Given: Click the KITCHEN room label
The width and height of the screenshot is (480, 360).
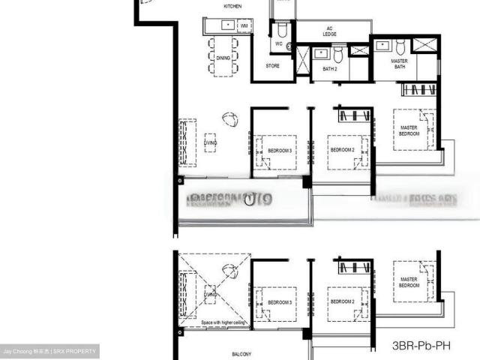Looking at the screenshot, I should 232,7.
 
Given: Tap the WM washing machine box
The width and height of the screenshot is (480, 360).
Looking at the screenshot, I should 244,25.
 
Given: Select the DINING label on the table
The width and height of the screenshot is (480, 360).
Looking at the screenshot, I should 223,58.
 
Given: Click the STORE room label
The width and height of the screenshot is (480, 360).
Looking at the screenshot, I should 273,66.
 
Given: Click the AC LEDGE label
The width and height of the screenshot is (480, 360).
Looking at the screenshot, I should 330,31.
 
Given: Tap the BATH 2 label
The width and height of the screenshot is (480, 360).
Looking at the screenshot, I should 330,68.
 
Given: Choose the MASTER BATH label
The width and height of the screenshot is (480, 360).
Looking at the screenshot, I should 399,64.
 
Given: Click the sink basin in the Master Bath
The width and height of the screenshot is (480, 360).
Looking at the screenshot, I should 382,45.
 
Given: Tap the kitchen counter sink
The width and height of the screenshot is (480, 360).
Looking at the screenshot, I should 227,25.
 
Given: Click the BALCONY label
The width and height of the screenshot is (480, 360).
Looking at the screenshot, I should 241,353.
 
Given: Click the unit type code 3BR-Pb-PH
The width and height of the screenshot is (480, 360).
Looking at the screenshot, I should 424,346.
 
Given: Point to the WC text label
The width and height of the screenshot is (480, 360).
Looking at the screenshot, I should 278,43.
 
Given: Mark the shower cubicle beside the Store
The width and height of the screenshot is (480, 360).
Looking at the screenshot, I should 303,62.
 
